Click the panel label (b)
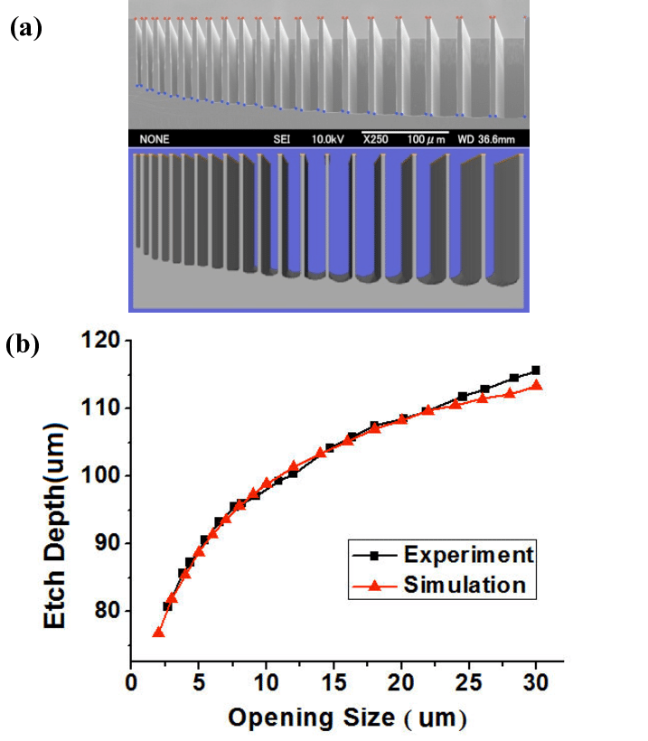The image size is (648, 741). click(x=24, y=345)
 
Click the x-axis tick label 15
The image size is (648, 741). click(x=334, y=687)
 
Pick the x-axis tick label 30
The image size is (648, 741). click(x=537, y=687)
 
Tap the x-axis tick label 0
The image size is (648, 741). click(x=131, y=687)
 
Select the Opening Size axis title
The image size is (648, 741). click(x=347, y=718)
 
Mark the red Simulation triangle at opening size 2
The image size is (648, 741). click(x=158, y=633)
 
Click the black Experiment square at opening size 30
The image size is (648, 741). click(x=536, y=370)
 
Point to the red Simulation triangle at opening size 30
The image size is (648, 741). click(x=536, y=385)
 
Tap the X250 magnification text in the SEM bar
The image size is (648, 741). click(x=380, y=139)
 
